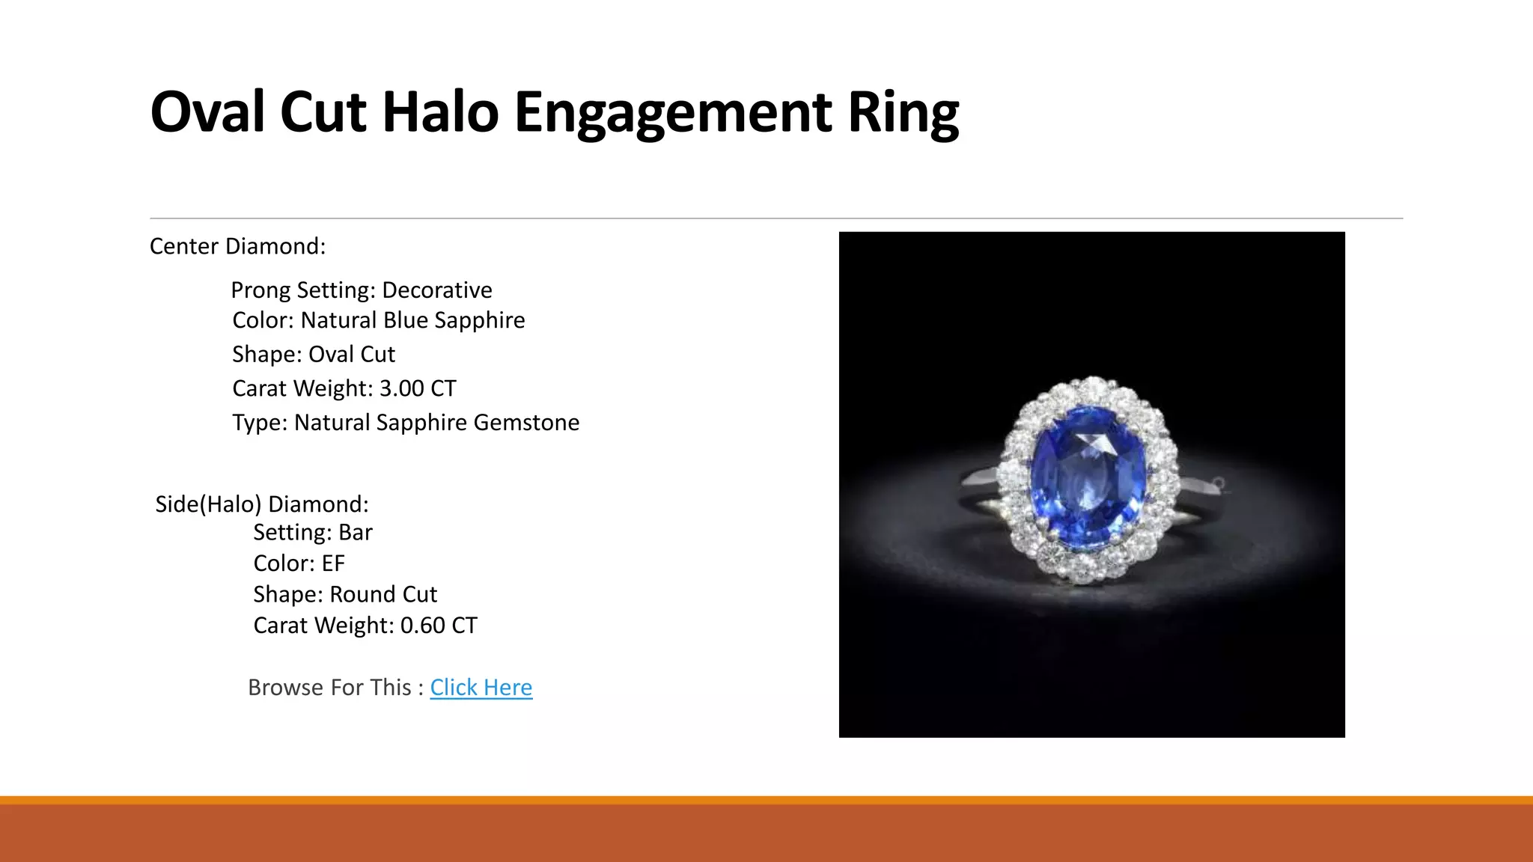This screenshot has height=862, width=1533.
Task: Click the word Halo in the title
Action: coord(440,112)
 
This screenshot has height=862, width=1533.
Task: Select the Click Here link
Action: coord(481,687)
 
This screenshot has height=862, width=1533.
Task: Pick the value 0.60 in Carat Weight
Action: coord(423,626)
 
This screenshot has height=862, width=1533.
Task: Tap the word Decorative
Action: coord(437,290)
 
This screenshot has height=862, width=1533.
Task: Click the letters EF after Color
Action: coord(333,563)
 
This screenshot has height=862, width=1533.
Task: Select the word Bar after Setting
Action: coord(355,533)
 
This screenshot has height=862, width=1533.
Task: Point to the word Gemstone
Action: coord(526,423)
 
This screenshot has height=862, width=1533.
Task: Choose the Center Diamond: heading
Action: coord(238,246)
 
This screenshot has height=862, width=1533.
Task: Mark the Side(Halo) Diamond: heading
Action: coord(262,504)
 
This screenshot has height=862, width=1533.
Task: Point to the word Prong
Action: coord(260,290)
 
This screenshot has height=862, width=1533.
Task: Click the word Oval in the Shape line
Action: coord(331,355)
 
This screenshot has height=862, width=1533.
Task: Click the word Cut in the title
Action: coord(323,112)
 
